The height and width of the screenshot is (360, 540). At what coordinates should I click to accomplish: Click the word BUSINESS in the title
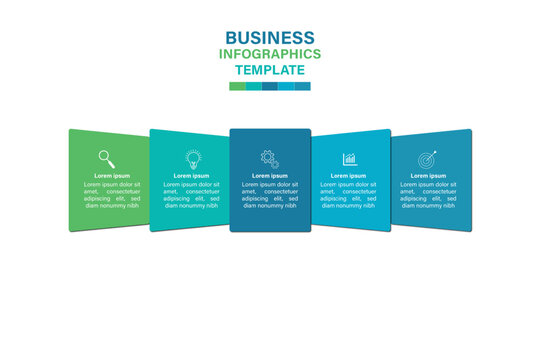coord(269,38)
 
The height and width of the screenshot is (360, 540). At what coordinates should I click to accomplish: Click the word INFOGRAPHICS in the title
coord(270,54)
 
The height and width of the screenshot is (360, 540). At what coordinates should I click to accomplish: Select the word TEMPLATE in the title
coord(270,70)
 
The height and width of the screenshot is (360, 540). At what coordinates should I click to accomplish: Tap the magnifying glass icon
coord(106,157)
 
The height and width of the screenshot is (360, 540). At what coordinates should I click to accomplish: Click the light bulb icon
coord(191,158)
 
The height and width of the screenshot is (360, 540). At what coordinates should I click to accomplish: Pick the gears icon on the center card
coord(269,158)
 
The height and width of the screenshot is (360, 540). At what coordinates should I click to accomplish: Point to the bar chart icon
coord(350,158)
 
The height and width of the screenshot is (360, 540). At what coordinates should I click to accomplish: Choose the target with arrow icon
coord(428,159)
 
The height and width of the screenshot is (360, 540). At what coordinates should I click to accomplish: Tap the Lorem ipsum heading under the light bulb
coord(191,175)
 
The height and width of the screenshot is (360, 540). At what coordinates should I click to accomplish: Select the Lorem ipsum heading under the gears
coord(269,175)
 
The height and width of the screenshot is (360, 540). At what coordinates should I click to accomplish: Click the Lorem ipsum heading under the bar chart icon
coord(349,175)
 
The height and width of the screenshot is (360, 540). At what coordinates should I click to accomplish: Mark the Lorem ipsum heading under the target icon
coord(429,175)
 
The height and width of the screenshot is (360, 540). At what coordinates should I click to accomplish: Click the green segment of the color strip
coord(237,86)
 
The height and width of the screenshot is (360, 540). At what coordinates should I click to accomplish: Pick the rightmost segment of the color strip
coord(302,86)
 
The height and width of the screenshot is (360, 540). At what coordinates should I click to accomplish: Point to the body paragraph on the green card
coord(111,194)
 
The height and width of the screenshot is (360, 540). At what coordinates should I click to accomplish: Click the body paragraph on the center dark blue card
coord(269,194)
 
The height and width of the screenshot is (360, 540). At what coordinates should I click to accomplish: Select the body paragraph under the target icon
coord(429,194)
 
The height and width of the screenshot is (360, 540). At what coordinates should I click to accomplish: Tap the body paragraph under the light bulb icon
coord(191,194)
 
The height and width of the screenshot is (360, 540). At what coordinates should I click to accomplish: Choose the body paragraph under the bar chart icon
coord(349,194)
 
